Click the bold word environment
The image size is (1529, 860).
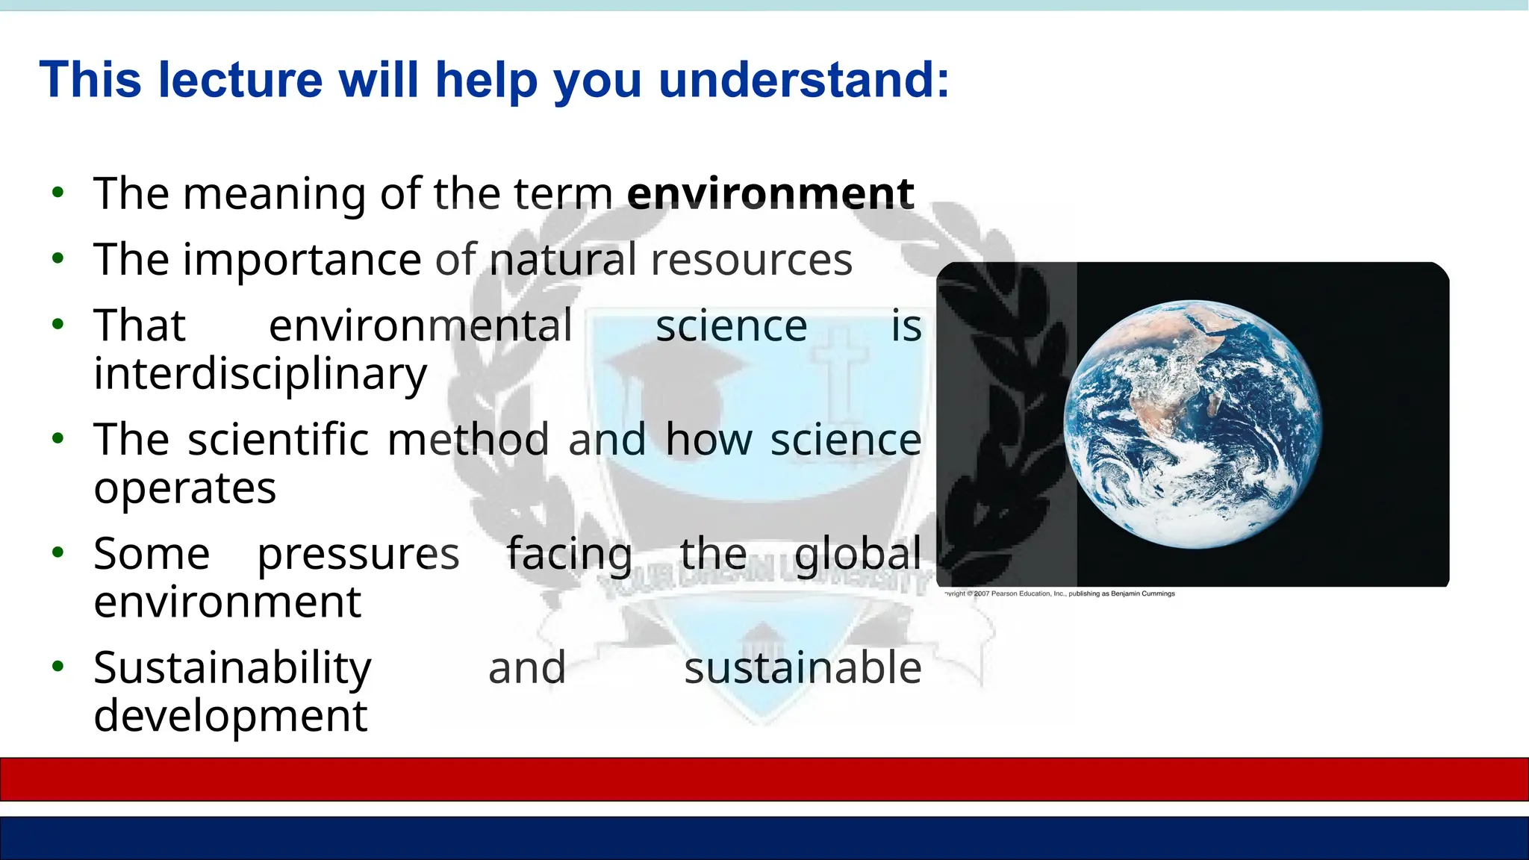770,194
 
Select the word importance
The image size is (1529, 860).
302,260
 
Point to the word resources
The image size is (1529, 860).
751,261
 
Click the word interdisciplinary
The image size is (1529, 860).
260,373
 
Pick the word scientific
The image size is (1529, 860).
278,439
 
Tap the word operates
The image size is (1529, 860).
184,488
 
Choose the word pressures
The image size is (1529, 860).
358,554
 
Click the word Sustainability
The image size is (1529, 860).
232,667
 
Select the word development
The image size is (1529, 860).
230,716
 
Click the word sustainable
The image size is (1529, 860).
803,667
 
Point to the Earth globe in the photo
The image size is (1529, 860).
1192,424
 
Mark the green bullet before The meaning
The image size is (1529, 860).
58,193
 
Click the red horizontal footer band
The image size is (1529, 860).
764,779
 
